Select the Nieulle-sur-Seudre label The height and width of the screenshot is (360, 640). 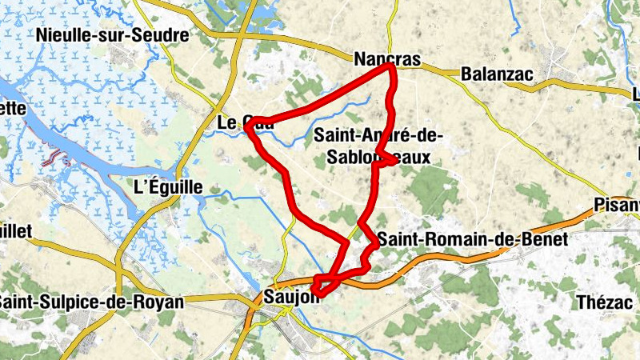(x=112, y=35)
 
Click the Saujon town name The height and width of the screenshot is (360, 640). (x=290, y=294)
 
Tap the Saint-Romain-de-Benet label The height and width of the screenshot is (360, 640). (x=472, y=238)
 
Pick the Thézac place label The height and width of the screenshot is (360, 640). (x=606, y=302)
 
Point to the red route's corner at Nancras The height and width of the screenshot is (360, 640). (x=391, y=68)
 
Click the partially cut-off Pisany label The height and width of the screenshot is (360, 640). (x=617, y=206)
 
